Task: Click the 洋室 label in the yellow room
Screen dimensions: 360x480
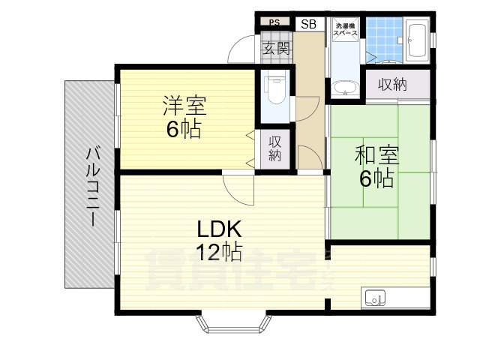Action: [184, 105]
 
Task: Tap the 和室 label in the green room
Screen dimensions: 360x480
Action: [376, 156]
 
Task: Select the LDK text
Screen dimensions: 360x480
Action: [219, 228]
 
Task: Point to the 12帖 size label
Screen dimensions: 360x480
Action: [218, 252]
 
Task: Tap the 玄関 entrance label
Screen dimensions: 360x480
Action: [276, 49]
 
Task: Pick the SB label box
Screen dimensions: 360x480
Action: [308, 24]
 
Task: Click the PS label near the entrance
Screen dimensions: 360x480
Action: [274, 22]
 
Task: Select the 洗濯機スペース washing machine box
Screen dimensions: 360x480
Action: [346, 32]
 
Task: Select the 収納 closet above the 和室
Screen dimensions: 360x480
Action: [393, 85]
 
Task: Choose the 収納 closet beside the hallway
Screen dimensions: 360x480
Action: [274, 148]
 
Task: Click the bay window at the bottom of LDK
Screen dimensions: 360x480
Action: [232, 324]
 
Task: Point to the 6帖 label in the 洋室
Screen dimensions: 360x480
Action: [184, 129]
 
